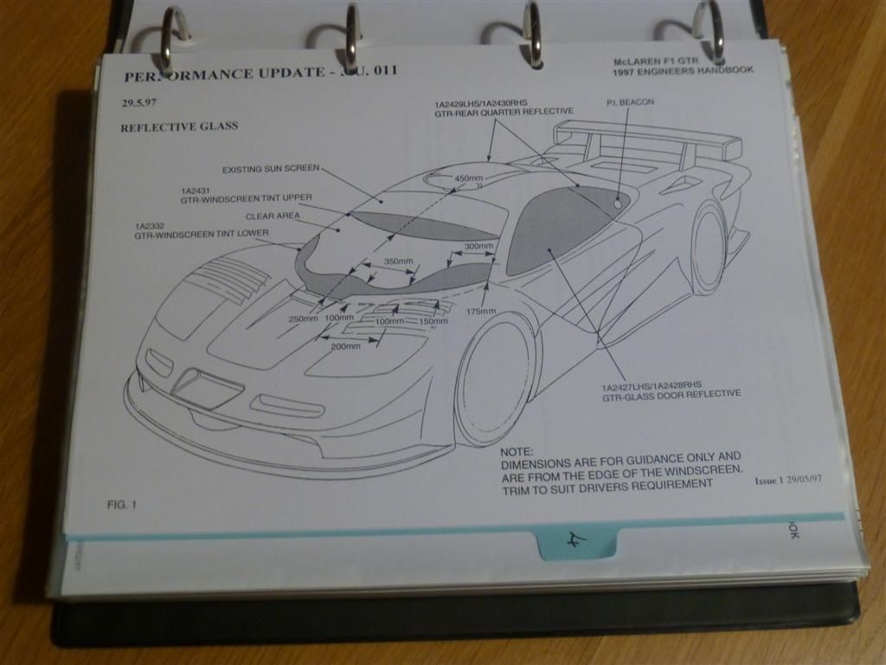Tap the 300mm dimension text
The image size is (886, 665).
tap(479, 247)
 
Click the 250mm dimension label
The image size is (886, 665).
tap(304, 320)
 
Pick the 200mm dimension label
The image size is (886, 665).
tap(345, 346)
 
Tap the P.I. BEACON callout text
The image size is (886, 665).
tap(630, 102)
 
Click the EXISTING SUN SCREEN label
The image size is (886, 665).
tap(271, 170)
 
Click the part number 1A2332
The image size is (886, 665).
tap(151, 225)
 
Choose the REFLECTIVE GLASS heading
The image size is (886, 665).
tap(179, 126)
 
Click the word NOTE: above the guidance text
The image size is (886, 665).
tap(518, 452)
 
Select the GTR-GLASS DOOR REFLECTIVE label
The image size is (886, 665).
tap(671, 394)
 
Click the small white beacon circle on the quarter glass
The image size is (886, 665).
tap(617, 203)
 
